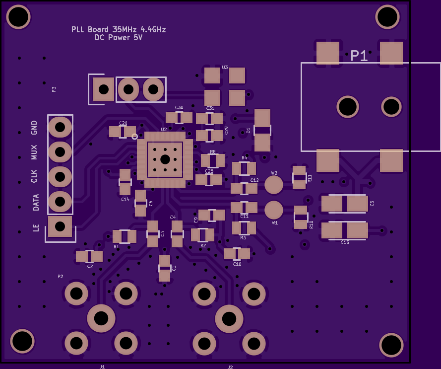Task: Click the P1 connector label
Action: click(x=359, y=56)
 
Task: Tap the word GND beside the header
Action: click(x=34, y=128)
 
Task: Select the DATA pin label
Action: click(x=36, y=203)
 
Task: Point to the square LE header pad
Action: click(x=60, y=226)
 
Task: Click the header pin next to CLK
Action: click(x=60, y=176)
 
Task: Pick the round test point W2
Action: click(x=274, y=185)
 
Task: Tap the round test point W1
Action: click(x=274, y=210)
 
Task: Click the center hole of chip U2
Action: click(x=165, y=159)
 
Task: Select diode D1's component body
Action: click(x=262, y=130)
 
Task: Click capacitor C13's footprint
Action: click(x=345, y=230)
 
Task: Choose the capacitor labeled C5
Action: click(x=345, y=204)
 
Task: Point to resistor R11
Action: click(x=299, y=177)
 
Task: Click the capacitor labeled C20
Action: click(x=123, y=132)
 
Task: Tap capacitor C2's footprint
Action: click(x=89, y=256)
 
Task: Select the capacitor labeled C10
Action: click(x=237, y=254)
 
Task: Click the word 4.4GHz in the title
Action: click(x=151, y=29)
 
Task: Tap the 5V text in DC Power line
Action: click(x=138, y=38)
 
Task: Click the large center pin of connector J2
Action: click(x=229, y=319)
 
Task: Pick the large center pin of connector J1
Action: click(x=101, y=318)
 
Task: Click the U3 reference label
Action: click(x=225, y=67)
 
